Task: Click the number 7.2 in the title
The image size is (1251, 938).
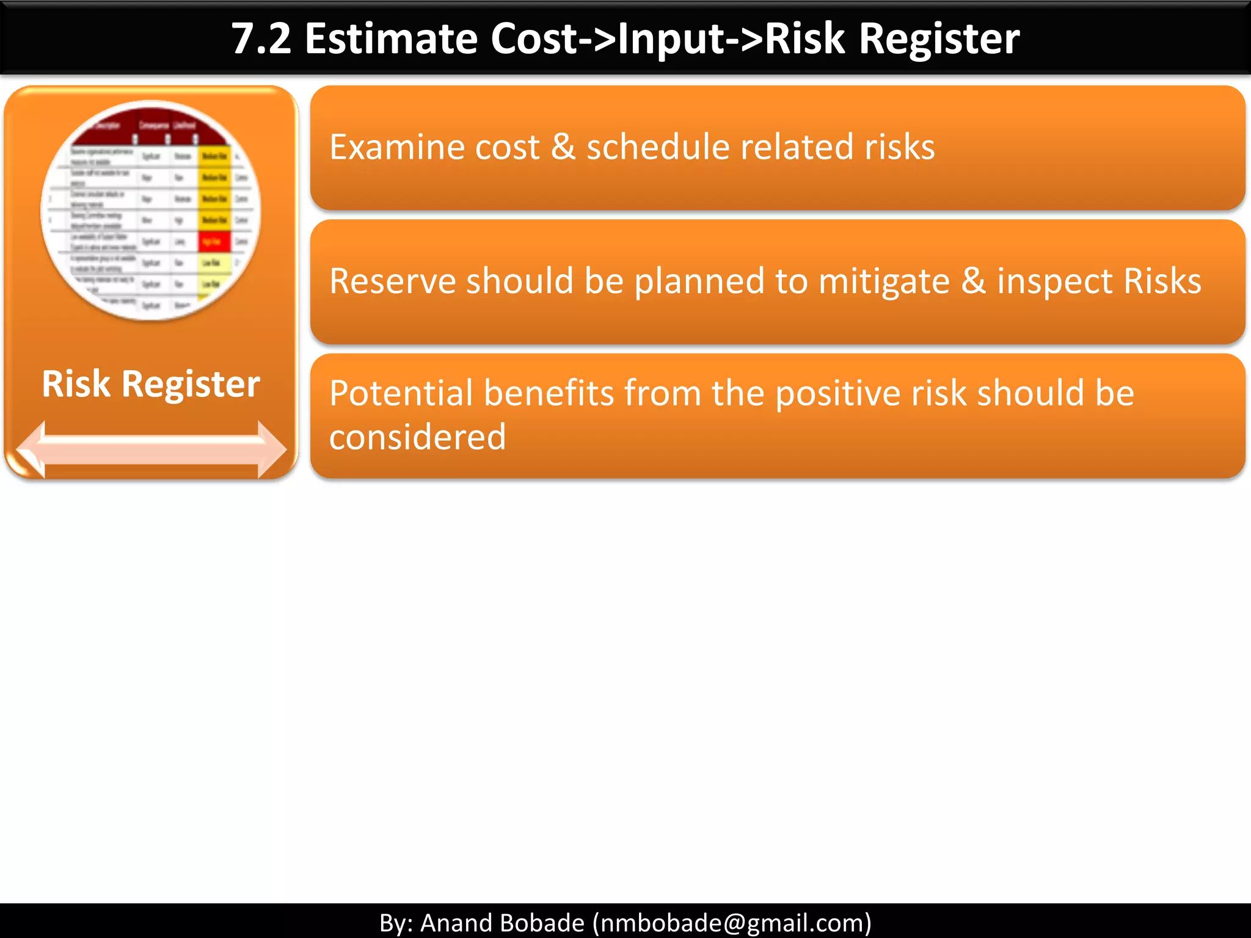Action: (261, 39)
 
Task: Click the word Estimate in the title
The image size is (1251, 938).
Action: (391, 39)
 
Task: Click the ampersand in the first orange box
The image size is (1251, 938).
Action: (563, 147)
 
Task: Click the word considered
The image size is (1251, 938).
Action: (418, 437)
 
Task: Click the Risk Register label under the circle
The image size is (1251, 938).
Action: (151, 384)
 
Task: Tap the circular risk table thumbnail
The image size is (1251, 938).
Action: (151, 211)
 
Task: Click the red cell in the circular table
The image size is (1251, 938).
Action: (214, 242)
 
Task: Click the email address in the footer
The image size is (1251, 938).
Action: (732, 923)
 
